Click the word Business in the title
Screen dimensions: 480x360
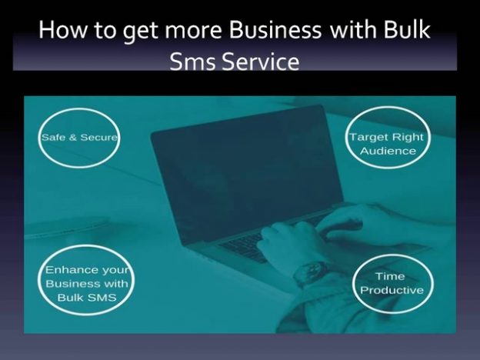click(275, 30)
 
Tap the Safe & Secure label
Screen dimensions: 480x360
click(79, 138)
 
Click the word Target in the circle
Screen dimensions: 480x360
click(369, 137)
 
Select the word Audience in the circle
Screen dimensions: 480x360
click(388, 151)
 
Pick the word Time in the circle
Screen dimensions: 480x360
click(390, 276)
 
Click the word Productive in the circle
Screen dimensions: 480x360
click(392, 290)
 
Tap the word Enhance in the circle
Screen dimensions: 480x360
click(72, 270)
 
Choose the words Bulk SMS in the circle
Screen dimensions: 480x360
click(87, 297)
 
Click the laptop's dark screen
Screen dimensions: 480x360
click(245, 172)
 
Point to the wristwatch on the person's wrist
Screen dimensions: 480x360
click(310, 272)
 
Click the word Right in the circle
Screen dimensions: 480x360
click(408, 137)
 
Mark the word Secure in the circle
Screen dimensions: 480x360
click(99, 138)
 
